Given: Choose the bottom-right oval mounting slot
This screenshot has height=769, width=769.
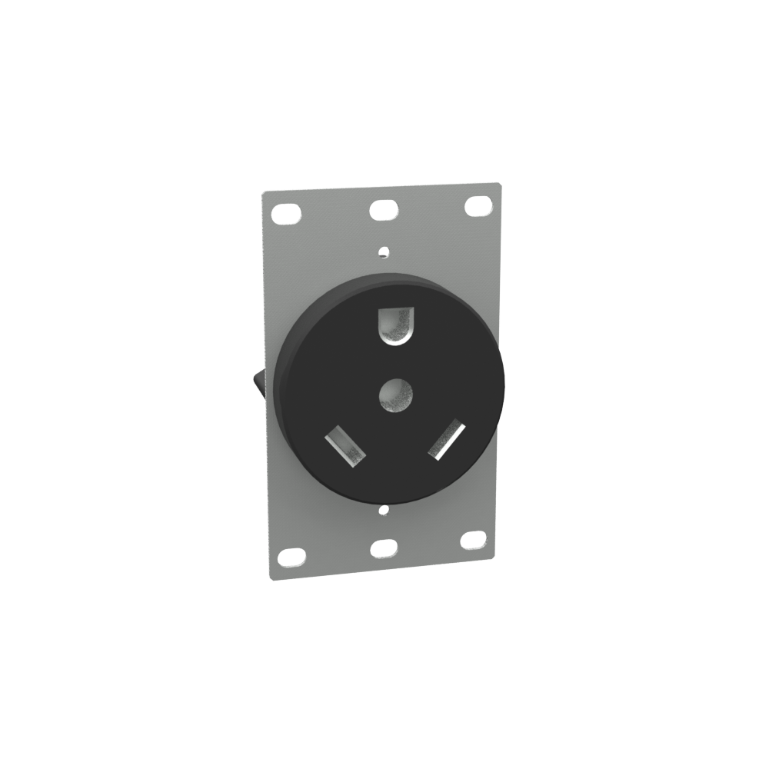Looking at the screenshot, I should tap(473, 540).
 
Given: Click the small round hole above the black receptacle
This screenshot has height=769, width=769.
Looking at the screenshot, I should tap(383, 249).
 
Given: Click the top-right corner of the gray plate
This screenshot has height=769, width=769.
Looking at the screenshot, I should tap(501, 184).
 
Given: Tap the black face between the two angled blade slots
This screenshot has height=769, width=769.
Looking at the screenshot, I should tap(397, 454).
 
